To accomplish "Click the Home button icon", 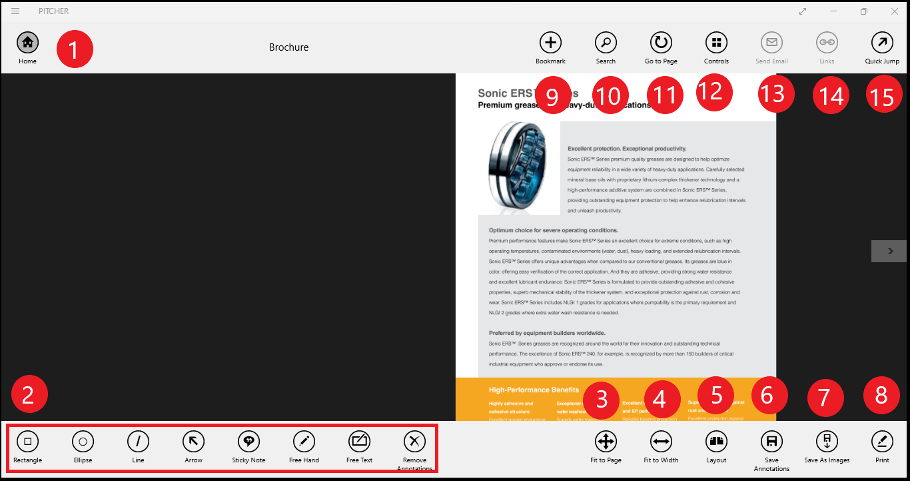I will (27, 43).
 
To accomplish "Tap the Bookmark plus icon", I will (550, 43).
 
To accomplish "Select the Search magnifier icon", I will (606, 43).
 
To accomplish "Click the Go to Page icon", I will (661, 43).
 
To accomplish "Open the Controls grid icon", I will (716, 43).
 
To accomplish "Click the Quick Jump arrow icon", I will (882, 43).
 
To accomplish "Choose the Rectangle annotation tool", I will (27, 441).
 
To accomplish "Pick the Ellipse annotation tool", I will (83, 441).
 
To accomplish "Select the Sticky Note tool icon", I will (248, 441).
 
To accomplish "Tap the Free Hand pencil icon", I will (304, 441).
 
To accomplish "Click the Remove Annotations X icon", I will (414, 441).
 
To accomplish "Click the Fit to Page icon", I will (606, 441).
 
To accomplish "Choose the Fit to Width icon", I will (661, 441).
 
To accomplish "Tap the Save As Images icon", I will (827, 441).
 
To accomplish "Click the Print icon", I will (882, 441).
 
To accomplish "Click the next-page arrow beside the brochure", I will (889, 251).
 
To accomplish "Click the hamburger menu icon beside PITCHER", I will (15, 11).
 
